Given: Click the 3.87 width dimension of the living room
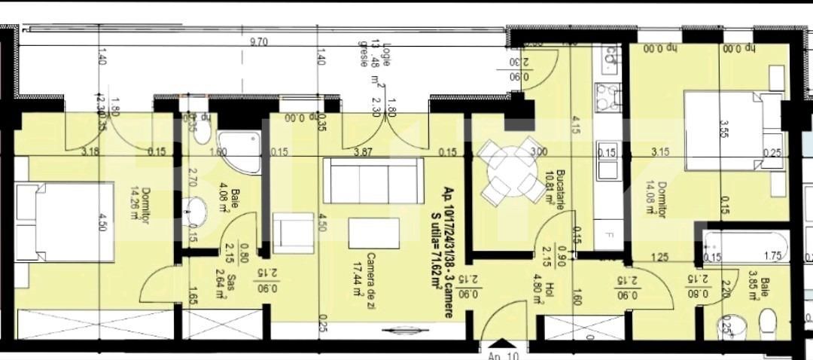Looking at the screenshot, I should tap(364, 152).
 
